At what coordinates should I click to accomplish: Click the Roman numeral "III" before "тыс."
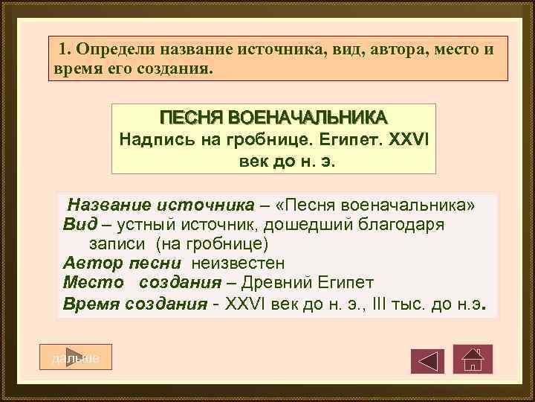pos(383,304)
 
